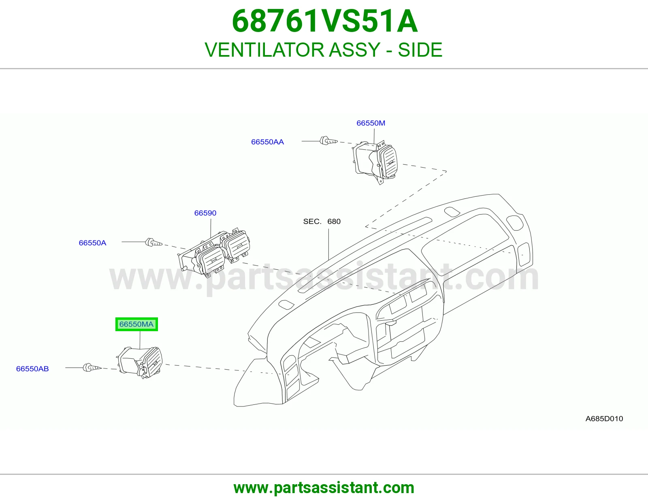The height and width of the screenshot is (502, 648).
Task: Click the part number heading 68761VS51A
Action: [325, 21]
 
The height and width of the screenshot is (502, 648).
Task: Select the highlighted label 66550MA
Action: [136, 324]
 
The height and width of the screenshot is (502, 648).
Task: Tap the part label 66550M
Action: [371, 123]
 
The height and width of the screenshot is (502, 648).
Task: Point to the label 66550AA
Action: [267, 142]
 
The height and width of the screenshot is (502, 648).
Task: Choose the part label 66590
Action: [205, 213]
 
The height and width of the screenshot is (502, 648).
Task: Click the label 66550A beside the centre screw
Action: [92, 243]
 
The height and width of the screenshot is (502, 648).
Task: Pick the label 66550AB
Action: [32, 369]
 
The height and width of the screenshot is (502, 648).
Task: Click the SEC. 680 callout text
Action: [322, 221]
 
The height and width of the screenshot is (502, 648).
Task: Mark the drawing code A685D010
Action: [604, 419]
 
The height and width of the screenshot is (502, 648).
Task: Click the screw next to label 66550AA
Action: [328, 140]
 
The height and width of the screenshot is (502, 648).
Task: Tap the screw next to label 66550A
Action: [153, 242]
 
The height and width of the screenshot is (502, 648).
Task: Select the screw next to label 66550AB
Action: [92, 368]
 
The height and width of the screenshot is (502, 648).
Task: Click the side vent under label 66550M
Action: [375, 162]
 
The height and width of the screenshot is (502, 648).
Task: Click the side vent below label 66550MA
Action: [140, 362]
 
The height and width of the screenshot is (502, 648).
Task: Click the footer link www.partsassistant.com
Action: [324, 488]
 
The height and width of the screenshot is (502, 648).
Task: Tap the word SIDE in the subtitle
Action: [420, 50]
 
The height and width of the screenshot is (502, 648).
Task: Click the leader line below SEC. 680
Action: [328, 245]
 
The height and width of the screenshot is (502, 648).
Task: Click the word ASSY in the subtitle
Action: [354, 50]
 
